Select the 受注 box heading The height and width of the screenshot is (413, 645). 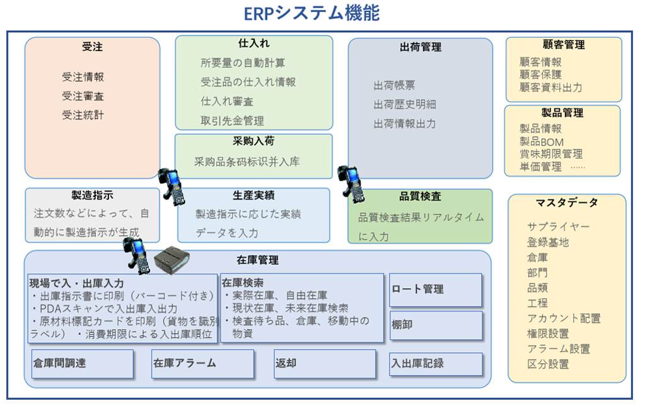(x=92, y=47)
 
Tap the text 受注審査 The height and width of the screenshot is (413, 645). (x=83, y=96)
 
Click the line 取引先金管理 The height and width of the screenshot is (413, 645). (x=232, y=121)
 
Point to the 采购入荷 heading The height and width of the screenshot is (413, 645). (x=253, y=141)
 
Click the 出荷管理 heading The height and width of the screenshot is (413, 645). (x=420, y=47)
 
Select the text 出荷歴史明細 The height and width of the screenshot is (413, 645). (x=404, y=104)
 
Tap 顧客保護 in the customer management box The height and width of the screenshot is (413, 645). (x=540, y=75)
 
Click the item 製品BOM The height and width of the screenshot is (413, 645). (x=542, y=142)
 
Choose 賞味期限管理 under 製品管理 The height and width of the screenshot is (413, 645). (x=550, y=154)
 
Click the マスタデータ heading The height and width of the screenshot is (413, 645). (x=567, y=203)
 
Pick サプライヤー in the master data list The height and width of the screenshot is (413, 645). (x=559, y=227)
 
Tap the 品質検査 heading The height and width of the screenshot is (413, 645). (x=420, y=197)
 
